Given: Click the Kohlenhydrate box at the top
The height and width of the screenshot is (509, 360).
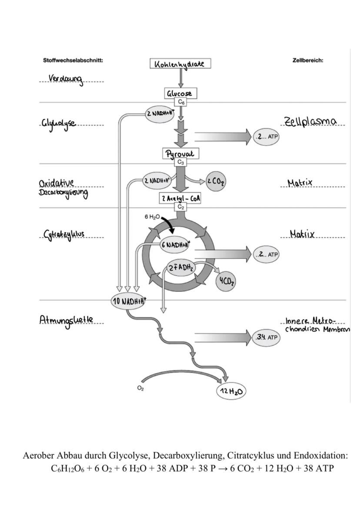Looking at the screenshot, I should coord(180,64).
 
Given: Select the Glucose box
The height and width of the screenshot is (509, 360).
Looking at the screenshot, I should coord(180,93).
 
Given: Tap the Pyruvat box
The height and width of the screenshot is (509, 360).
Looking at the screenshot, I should coord(180,154).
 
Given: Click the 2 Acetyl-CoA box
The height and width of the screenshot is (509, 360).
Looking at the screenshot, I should coord(180,198).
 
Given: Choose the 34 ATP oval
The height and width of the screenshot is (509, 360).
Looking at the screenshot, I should coord(266,337).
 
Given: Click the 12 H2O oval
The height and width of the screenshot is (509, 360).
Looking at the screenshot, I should coord(230,392).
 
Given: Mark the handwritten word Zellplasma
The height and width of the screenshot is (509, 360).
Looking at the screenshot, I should coord(310,121).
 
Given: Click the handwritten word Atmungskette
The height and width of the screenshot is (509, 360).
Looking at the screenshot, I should coord(66,320).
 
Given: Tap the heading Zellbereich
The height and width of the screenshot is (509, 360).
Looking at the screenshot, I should coord(308,60).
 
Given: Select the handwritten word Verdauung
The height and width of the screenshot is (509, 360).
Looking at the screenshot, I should coord(66,79).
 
